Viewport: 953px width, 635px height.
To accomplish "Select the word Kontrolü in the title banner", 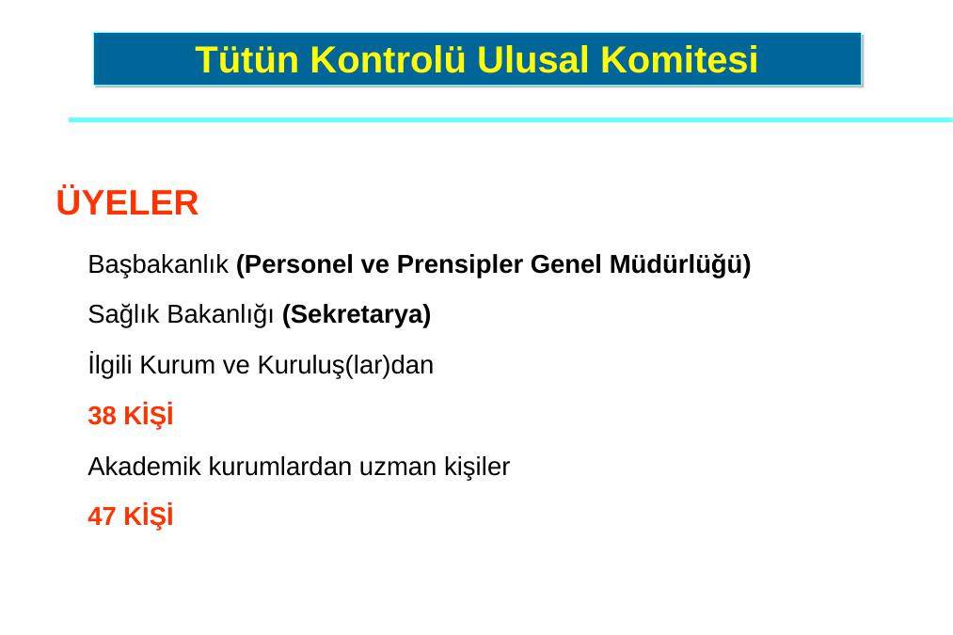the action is point(388,59).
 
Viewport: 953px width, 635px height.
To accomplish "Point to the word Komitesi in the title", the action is point(679,59).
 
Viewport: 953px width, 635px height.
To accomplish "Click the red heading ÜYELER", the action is point(127,202).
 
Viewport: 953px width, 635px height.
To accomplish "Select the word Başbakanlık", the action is point(158,265).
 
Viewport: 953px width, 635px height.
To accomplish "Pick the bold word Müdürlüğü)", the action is point(680,265).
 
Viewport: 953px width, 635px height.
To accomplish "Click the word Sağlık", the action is point(123,315).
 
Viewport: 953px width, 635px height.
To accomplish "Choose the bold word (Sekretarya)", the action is point(357,315).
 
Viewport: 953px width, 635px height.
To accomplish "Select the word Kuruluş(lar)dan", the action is point(345,365).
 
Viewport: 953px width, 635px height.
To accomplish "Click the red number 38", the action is point(103,416).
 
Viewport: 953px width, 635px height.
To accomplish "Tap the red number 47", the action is point(103,516).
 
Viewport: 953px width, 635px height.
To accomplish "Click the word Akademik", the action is point(145,467).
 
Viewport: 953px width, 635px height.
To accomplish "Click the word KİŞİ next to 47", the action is point(149,516).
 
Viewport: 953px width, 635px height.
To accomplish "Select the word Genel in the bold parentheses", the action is point(565,265).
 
